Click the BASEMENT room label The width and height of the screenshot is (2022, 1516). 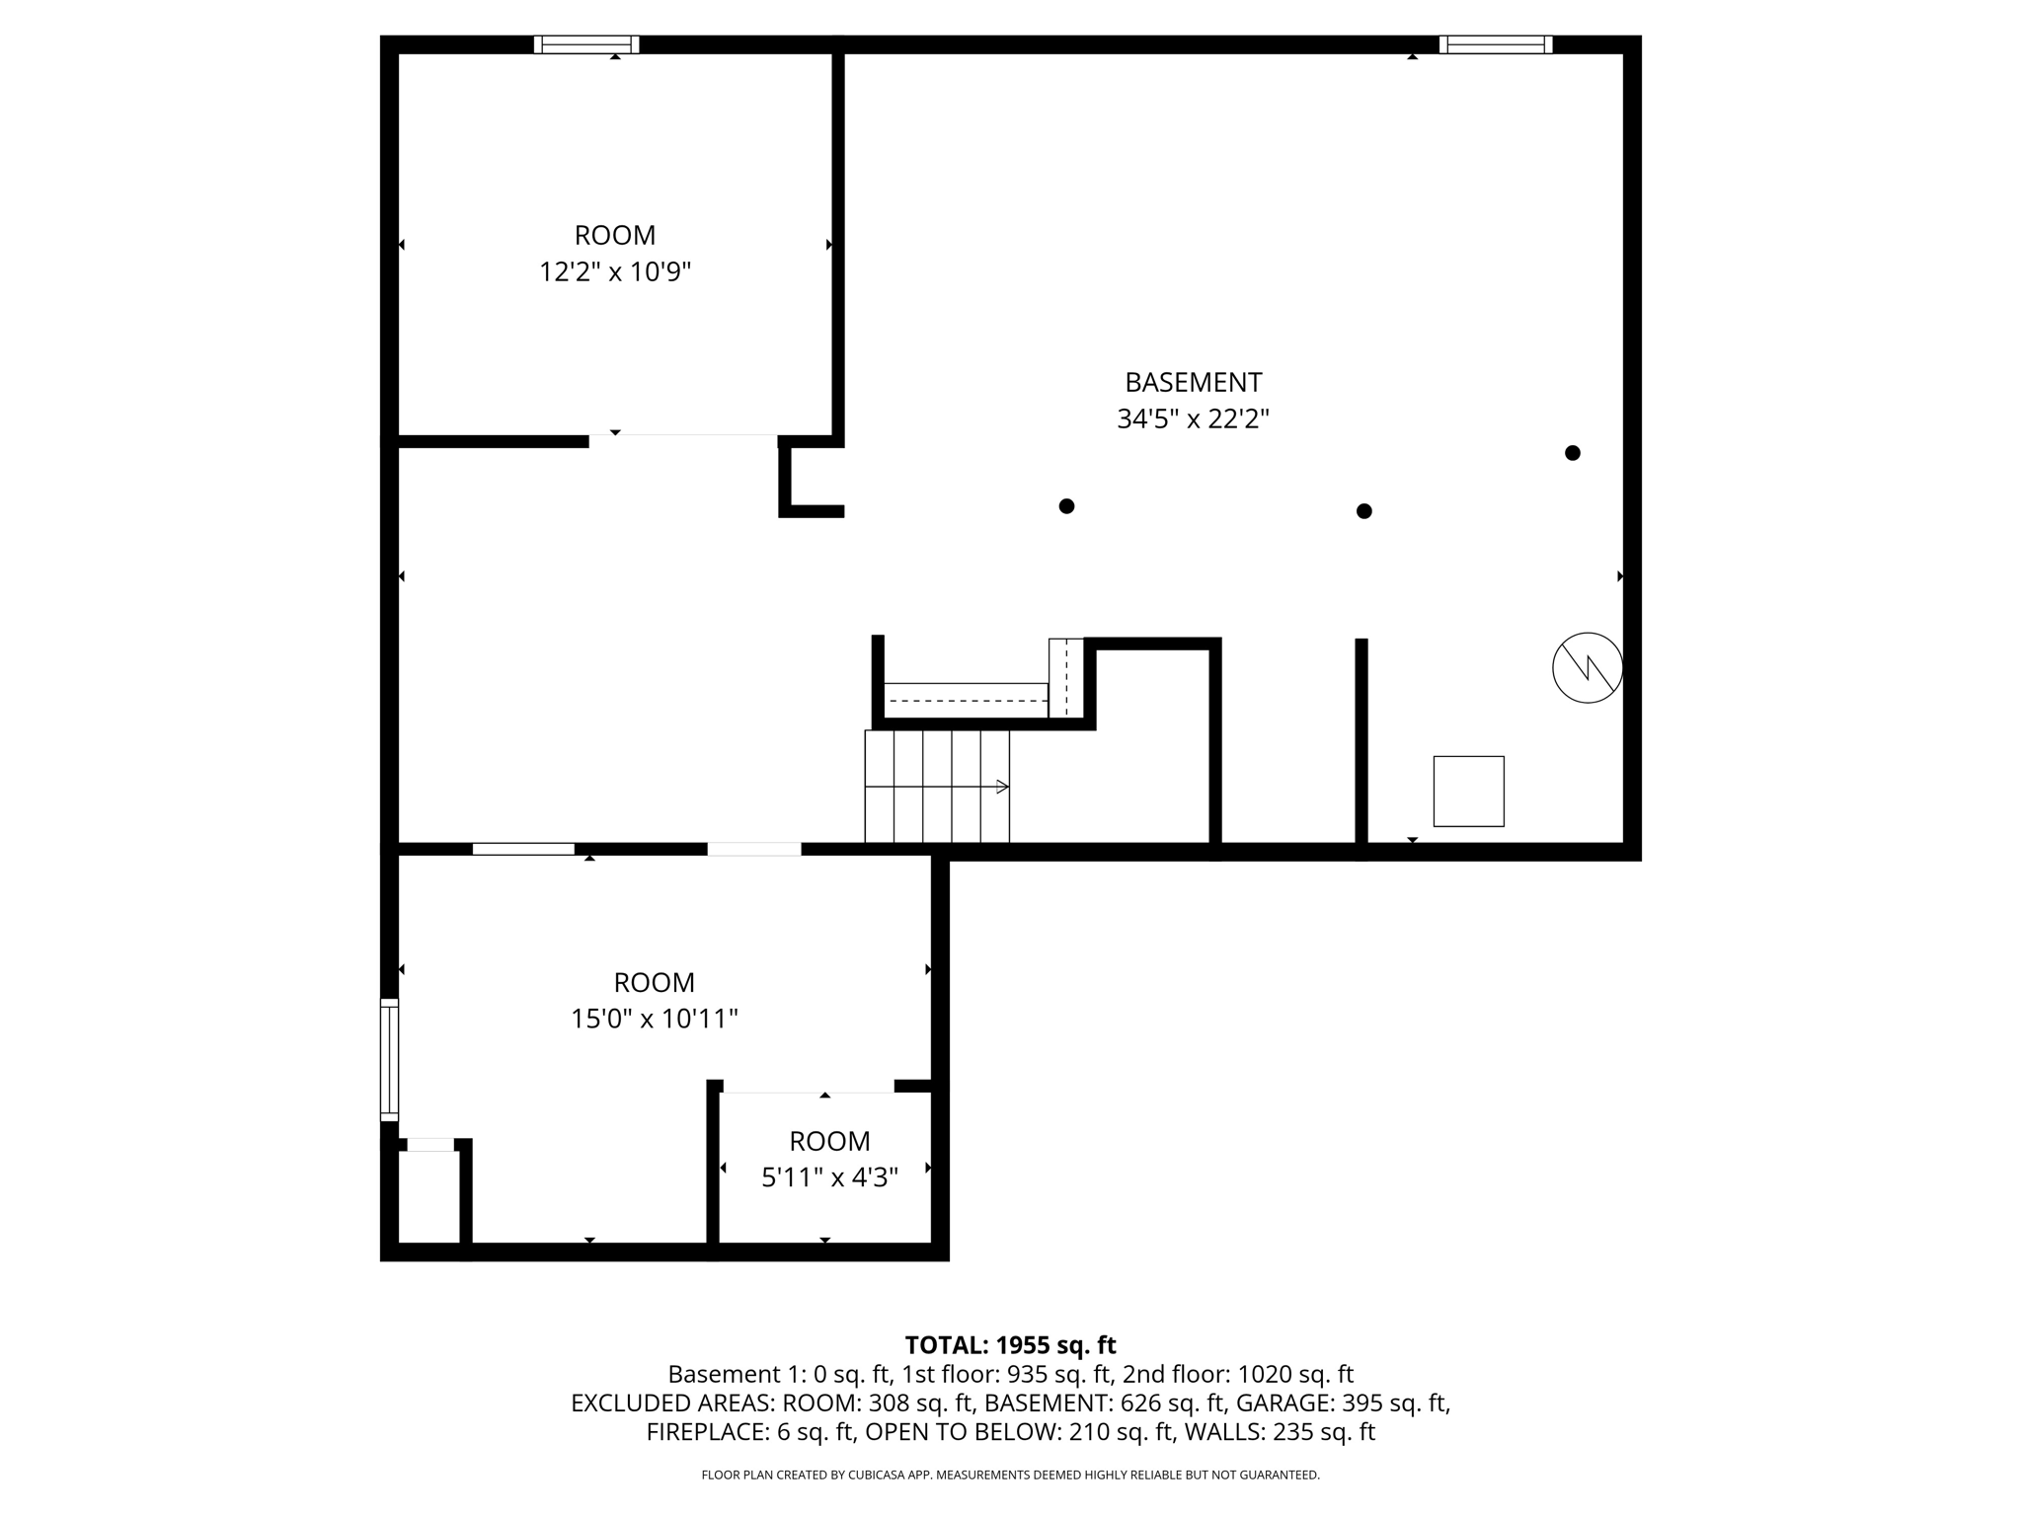tap(1193, 382)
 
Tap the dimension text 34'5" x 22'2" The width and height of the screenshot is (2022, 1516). tap(1193, 419)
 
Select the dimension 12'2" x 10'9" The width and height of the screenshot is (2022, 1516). tap(614, 271)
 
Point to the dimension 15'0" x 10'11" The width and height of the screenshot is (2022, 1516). tap(654, 1019)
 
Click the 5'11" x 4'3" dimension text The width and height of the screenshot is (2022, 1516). tap(829, 1177)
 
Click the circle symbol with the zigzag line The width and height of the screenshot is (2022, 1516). tap(1587, 668)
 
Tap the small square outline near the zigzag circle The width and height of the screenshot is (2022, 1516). tap(1468, 792)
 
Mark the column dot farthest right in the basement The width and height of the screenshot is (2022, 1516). tap(1573, 453)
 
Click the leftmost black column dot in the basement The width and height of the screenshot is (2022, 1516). tap(1066, 506)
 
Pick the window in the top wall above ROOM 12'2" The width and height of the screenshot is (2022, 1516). tap(586, 44)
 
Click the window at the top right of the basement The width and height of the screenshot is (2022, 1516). tap(1495, 44)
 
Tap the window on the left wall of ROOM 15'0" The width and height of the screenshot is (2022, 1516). tap(390, 1060)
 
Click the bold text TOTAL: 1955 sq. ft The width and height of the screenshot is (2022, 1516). tap(1010, 1345)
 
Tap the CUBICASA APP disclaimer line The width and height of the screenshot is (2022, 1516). tap(1010, 1475)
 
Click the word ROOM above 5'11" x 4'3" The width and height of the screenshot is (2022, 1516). tap(829, 1141)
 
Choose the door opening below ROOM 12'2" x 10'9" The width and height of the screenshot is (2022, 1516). tap(683, 440)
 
